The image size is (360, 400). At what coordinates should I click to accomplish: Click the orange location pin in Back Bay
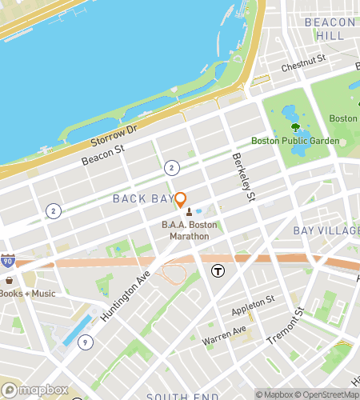point(181,201)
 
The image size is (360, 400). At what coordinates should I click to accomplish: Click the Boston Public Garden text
point(295,141)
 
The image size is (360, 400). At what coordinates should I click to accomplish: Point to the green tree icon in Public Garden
point(296,126)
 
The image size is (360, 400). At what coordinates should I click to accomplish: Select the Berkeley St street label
point(245,178)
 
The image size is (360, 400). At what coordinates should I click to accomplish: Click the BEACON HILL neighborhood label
point(330,29)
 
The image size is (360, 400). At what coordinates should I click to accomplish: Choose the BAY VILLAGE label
point(326,230)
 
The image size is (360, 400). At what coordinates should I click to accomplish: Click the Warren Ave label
point(224,330)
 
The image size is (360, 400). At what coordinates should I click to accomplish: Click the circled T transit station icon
point(217,272)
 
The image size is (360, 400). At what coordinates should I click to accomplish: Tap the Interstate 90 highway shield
point(8,262)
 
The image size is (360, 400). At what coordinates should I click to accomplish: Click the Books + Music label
point(28,293)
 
